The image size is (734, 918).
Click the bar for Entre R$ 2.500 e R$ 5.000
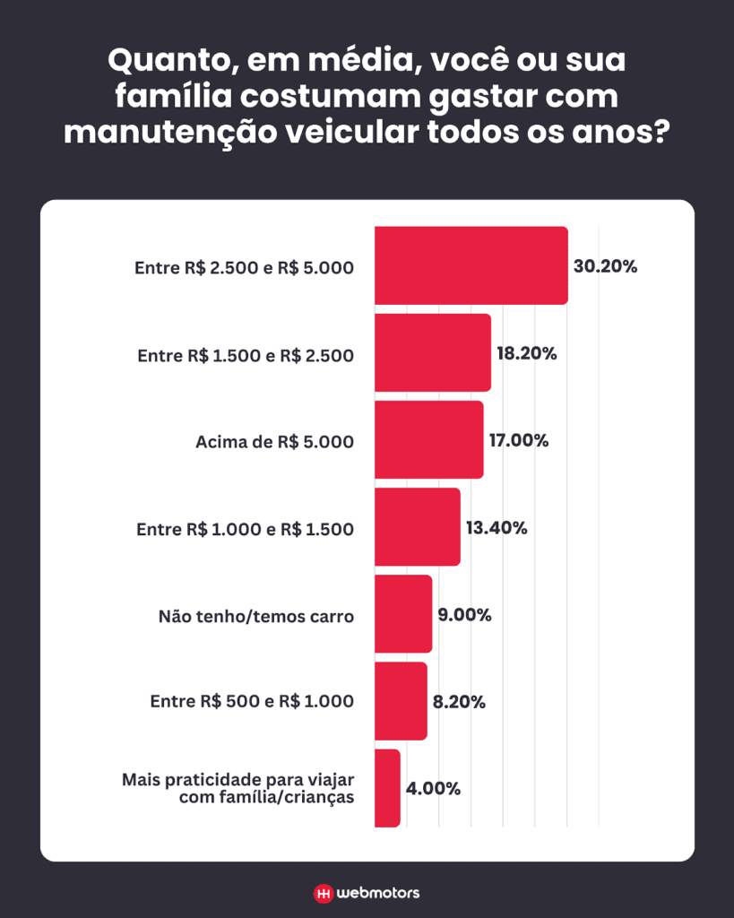click(471, 265)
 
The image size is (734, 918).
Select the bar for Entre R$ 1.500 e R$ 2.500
click(432, 352)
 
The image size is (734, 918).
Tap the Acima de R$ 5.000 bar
click(428, 439)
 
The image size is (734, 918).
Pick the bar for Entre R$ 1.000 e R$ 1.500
click(417, 526)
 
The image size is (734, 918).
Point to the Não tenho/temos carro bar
click(403, 614)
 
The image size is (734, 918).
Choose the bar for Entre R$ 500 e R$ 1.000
click(401, 701)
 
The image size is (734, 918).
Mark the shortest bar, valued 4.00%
click(387, 788)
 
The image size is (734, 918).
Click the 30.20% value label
click(605, 266)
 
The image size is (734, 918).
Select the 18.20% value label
click(527, 353)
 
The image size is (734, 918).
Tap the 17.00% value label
click(518, 440)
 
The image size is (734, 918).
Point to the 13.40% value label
click(496, 527)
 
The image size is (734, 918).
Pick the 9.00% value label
click(464, 615)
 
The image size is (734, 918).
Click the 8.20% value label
click(459, 702)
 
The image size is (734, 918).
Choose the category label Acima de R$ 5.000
click(274, 441)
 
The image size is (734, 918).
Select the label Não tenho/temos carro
click(255, 616)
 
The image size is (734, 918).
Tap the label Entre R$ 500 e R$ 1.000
click(251, 702)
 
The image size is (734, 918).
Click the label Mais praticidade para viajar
click(237, 780)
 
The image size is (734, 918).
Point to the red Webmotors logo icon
click(323, 893)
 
